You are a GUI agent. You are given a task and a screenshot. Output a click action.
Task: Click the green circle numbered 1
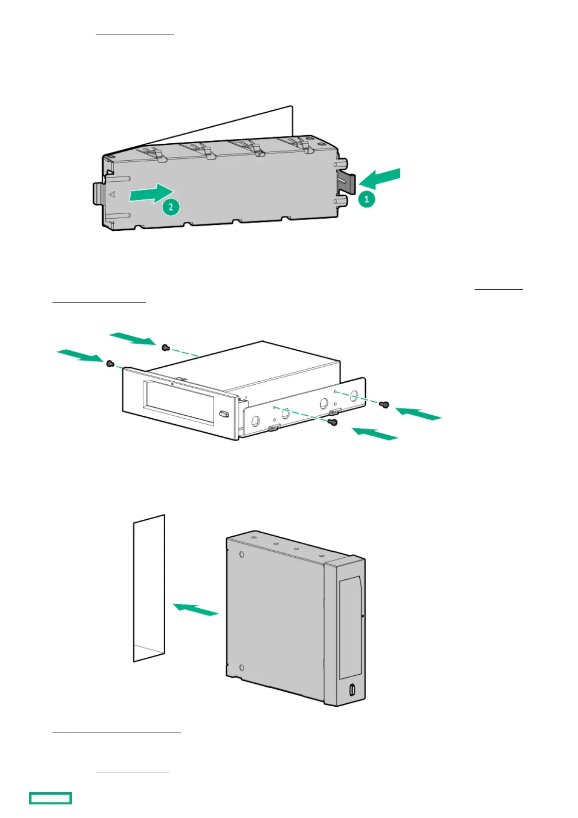pyautogui.click(x=367, y=199)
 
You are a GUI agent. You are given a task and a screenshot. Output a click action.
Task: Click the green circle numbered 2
pyautogui.click(x=170, y=207)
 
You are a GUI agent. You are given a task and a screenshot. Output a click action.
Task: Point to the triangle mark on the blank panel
pyautogui.click(x=113, y=194)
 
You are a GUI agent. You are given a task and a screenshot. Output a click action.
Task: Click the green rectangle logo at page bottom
pyautogui.click(x=51, y=798)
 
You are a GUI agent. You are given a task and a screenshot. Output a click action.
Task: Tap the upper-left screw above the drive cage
pyautogui.click(x=165, y=347)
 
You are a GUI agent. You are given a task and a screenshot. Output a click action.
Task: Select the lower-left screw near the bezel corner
pyautogui.click(x=109, y=363)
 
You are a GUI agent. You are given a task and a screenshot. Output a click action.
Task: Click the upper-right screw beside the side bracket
pyautogui.click(x=385, y=404)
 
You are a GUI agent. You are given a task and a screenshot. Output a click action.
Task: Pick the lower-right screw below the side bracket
pyautogui.click(x=333, y=423)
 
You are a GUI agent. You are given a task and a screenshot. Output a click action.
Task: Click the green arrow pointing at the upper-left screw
pyautogui.click(x=132, y=338)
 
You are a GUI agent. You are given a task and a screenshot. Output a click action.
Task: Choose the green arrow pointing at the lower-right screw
pyautogui.click(x=374, y=433)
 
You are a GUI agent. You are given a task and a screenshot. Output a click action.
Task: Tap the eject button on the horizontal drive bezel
pyautogui.click(x=223, y=414)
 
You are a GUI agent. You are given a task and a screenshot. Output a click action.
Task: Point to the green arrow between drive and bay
pyautogui.click(x=196, y=609)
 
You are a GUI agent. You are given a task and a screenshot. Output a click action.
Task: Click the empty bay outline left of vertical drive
pyautogui.click(x=149, y=588)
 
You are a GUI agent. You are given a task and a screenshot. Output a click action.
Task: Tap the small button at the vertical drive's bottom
pyautogui.click(x=352, y=689)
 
